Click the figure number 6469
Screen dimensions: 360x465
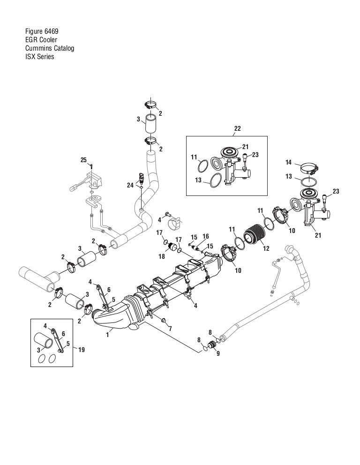(51, 31)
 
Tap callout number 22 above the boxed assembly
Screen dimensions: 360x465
(238, 128)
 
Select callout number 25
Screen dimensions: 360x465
(83, 160)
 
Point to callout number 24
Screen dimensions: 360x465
(130, 185)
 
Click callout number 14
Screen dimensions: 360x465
(289, 162)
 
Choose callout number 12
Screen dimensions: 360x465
(266, 248)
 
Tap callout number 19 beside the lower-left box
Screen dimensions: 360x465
(81, 350)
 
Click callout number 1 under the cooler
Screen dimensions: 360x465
(108, 335)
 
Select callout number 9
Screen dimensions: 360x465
(218, 353)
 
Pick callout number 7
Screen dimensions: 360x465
(170, 329)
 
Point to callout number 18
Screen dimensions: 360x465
(162, 256)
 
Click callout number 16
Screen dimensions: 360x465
(205, 236)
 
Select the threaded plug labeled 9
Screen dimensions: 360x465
(213, 345)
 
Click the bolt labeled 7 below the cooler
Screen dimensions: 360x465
(163, 320)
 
